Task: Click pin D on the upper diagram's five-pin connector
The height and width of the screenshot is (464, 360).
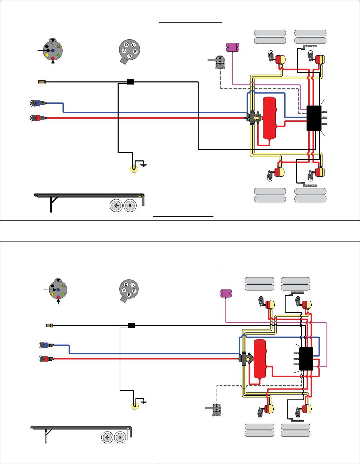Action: (127, 45)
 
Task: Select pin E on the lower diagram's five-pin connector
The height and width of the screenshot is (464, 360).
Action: (134, 291)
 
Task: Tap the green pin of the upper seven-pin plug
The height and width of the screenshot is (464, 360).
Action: (59, 55)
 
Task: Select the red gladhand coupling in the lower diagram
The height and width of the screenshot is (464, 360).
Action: (46, 359)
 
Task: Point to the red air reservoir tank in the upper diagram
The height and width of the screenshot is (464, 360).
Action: (269, 118)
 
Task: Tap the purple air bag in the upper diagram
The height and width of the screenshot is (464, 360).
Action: (232, 47)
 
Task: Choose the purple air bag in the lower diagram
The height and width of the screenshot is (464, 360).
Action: (226, 294)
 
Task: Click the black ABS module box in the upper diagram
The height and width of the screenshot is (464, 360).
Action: (314, 118)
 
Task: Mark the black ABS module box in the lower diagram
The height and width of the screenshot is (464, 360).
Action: (306, 359)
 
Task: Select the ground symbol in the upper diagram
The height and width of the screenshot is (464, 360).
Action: (143, 165)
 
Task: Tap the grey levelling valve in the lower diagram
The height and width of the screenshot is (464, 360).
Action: (217, 409)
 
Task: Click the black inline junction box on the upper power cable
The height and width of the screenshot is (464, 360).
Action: (130, 82)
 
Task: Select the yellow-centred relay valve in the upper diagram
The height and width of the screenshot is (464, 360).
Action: (257, 118)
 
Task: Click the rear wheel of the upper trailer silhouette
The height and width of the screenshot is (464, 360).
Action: (130, 206)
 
